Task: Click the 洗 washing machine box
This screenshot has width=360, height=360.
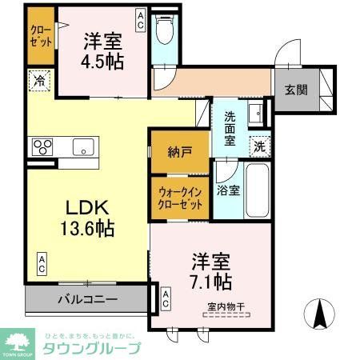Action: pyautogui.click(x=258, y=146)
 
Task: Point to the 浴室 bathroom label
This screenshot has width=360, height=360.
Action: pyautogui.click(x=227, y=190)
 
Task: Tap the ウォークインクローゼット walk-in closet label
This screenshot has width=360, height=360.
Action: pyautogui.click(x=180, y=198)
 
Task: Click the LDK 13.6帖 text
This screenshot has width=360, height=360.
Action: pyautogui.click(x=89, y=216)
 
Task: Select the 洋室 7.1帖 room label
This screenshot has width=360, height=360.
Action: pyautogui.click(x=211, y=271)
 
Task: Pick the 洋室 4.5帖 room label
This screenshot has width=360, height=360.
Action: pyautogui.click(x=102, y=49)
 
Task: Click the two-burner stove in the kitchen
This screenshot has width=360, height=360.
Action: pyautogui.click(x=42, y=146)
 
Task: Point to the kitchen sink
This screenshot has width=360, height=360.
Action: pyautogui.click(x=82, y=146)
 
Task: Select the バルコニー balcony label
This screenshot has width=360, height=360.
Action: pyautogui.click(x=88, y=301)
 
